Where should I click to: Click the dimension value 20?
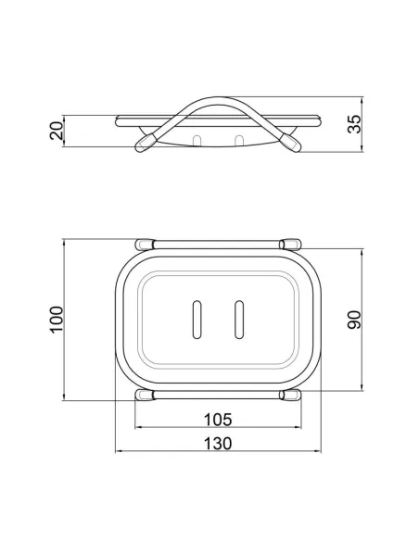point(57,130)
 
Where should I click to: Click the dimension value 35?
point(354,123)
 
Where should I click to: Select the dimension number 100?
point(57,320)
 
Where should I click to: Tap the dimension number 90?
point(354,320)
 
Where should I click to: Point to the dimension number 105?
point(218,420)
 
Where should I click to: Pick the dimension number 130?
point(218,444)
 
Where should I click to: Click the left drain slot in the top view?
point(197,320)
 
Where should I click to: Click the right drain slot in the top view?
point(239,320)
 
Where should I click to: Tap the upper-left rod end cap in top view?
point(145,245)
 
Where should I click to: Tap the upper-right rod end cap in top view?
point(290,245)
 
